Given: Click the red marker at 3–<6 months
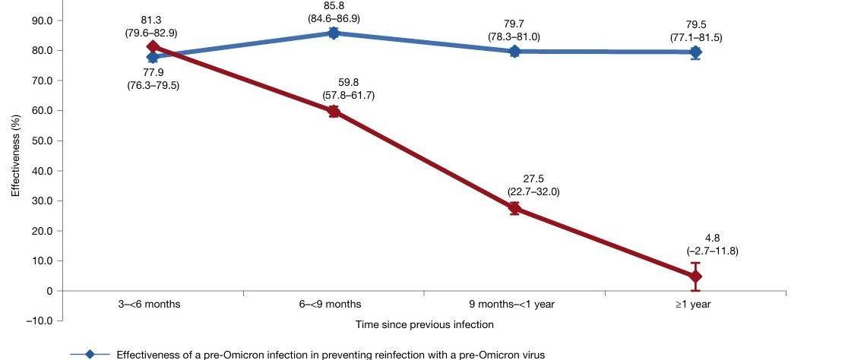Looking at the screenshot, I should coord(153,47).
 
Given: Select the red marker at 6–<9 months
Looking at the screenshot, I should coord(334,111).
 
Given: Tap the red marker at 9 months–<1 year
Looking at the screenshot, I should coord(514,208).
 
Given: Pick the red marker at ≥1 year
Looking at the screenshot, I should coord(695,276).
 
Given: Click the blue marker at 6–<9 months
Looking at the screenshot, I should coord(334,33).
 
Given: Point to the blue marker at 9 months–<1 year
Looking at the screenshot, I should coord(514,51).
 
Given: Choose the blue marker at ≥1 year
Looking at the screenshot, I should coord(695,52).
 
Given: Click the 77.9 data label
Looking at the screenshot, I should coord(153,72).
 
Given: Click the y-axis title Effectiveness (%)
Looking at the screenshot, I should coord(14,156).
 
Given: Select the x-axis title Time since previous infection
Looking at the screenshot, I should coord(425,324).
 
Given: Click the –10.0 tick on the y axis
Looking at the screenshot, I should coord(38,321).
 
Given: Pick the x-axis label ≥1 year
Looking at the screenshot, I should coord(695,304).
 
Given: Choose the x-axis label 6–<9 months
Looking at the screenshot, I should coord(334,304).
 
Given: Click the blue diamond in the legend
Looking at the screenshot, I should coord(90,354).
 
